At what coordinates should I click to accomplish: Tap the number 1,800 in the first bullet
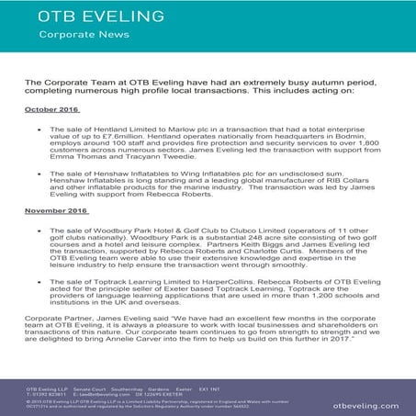(364, 145)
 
